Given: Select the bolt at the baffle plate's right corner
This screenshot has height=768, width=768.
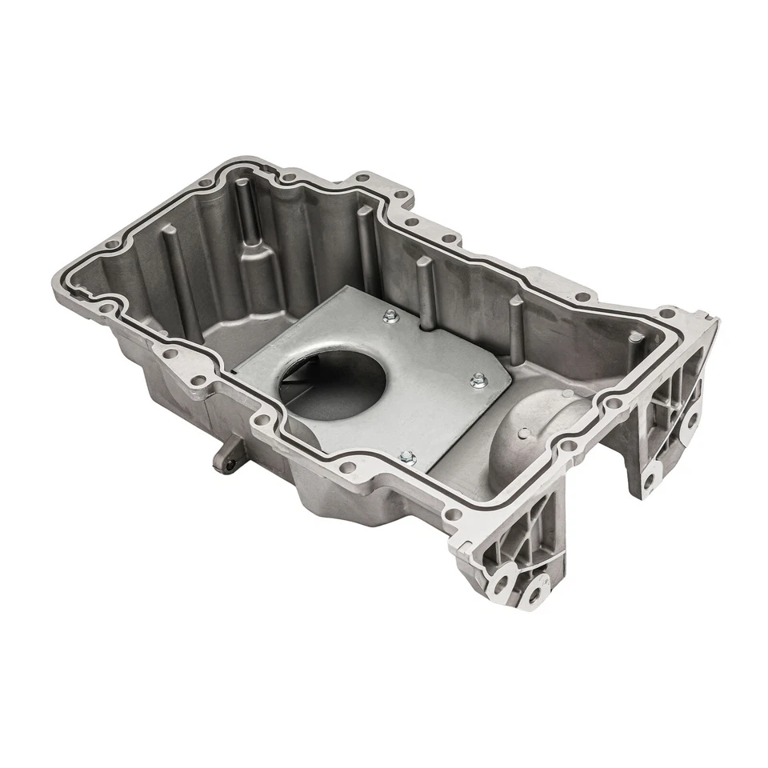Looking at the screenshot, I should (478, 378).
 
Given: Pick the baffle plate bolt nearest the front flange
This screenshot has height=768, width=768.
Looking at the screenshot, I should (406, 457).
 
